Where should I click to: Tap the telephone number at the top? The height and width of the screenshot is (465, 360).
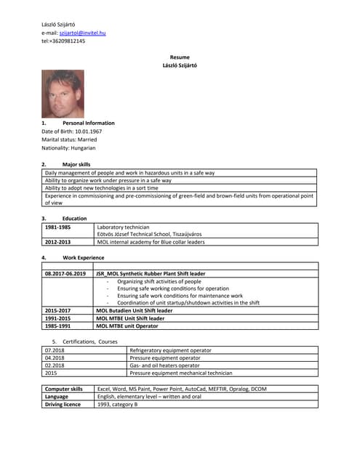point(63,41)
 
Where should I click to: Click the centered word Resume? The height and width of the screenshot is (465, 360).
point(180,57)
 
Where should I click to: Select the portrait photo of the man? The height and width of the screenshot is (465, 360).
point(63,94)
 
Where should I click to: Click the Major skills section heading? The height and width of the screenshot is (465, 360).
point(76,164)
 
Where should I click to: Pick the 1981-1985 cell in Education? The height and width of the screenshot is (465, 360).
point(57,227)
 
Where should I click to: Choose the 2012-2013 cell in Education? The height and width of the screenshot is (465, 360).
point(57,242)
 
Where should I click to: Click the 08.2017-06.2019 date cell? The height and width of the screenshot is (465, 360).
point(65,274)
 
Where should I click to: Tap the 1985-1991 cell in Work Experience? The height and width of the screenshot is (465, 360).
point(57,326)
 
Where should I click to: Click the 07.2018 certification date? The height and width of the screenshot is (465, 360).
point(55,350)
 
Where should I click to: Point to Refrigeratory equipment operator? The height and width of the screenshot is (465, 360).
point(170,350)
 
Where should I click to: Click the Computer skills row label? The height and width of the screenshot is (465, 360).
point(64,389)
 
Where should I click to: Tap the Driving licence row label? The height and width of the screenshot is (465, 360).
point(63,404)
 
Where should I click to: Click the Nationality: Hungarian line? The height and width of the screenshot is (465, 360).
point(68,147)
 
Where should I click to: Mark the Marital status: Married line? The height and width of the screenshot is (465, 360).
point(69,139)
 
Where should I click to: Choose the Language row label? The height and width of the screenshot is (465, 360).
point(57,397)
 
